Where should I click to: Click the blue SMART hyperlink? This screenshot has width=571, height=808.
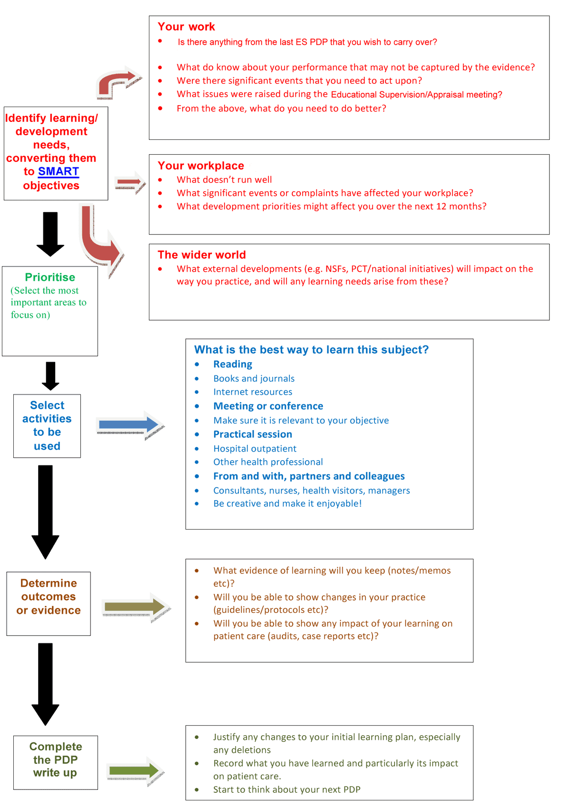coord(58,171)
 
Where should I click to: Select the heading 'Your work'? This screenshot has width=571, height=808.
coord(186,27)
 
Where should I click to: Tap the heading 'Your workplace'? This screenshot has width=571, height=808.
coord(200,166)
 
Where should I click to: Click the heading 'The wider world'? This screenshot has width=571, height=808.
coord(201,255)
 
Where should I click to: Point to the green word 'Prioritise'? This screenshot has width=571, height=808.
coord(50,277)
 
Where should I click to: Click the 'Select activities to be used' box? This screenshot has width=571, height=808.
coord(47,425)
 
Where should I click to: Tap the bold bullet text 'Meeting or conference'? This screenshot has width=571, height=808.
coord(268,406)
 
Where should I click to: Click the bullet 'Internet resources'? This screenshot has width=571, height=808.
coord(253,392)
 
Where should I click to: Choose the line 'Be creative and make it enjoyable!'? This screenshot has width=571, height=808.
coord(287,503)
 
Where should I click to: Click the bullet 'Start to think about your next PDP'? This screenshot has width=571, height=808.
coord(286,789)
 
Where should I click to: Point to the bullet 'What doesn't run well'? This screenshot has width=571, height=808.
coord(224,179)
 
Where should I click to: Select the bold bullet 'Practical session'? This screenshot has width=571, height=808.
coord(253,434)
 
